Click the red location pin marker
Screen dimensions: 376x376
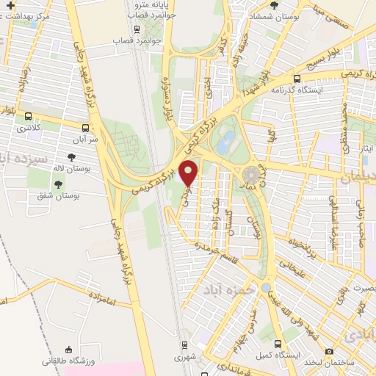click(x=189, y=172)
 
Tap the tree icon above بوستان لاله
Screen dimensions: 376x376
click(x=71, y=156)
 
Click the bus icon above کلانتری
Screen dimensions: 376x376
click(x=28, y=116)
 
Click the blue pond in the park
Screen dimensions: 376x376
click(x=225, y=140)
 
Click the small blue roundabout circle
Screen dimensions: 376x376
click(x=265, y=288)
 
